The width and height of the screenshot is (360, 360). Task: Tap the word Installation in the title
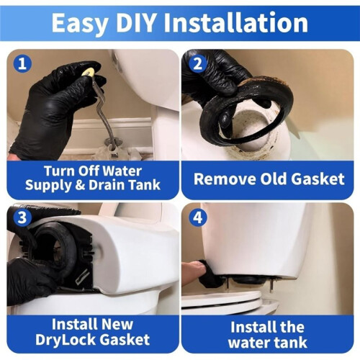pyautogui.click(x=236, y=22)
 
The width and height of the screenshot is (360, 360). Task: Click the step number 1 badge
pyautogui.click(x=22, y=63)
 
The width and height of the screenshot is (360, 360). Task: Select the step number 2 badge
pyautogui.click(x=198, y=64)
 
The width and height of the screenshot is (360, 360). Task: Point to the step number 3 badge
pyautogui.click(x=22, y=217)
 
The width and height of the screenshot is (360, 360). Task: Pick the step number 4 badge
pyautogui.click(x=198, y=217)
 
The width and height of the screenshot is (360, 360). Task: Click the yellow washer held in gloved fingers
pyautogui.click(x=88, y=72)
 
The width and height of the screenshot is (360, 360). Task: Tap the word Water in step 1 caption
pyautogui.click(x=122, y=171)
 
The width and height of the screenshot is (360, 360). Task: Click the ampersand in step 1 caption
pyautogui.click(x=80, y=185)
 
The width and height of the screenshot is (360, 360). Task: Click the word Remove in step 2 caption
pyautogui.click(x=225, y=179)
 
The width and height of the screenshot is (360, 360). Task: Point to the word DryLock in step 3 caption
pyautogui.click(x=66, y=341)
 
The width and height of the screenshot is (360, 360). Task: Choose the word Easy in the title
pyautogui.click(x=81, y=24)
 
